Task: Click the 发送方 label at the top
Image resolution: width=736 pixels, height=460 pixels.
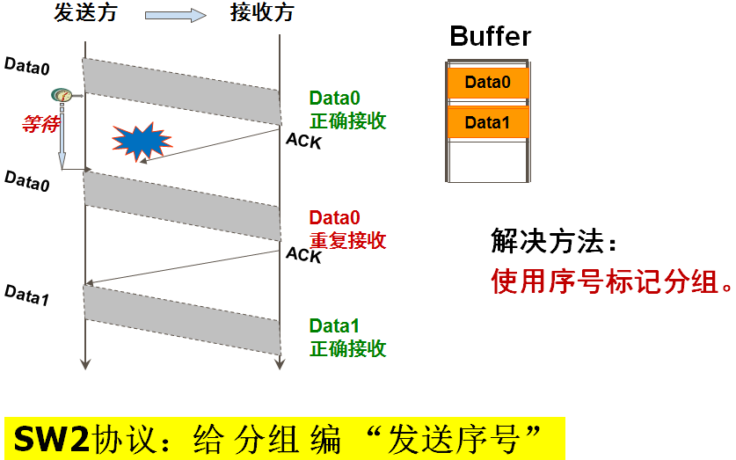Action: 85,13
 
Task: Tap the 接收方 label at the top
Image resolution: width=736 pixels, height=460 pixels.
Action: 262,13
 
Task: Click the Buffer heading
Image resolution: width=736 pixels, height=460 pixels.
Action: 490,37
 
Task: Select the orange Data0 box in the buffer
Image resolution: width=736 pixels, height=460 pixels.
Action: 487,83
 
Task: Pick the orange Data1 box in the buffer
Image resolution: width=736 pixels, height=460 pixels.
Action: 487,122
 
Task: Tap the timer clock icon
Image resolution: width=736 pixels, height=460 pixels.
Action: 62,95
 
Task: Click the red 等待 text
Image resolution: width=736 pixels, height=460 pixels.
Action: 39,123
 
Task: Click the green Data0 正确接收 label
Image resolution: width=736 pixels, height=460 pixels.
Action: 347,110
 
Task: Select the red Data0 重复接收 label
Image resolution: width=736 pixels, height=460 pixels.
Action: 347,229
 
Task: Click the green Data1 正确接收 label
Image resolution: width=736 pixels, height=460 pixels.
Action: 347,337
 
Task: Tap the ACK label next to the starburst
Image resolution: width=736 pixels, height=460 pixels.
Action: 304,140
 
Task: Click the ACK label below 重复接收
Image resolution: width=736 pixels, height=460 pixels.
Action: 304,255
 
